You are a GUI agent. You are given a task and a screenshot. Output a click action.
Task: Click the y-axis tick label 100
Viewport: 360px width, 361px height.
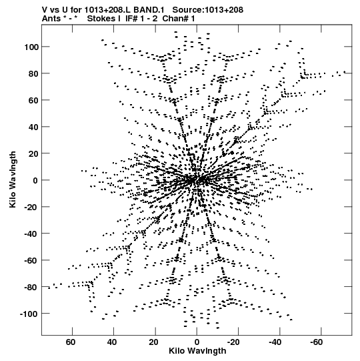tap(31, 47)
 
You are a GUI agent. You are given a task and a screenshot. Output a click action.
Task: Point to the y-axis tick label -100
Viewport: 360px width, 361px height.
tap(29, 314)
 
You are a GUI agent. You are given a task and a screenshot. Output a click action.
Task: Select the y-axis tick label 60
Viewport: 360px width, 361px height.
tap(33, 101)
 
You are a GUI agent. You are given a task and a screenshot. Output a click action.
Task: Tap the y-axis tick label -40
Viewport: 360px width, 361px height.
tap(31, 234)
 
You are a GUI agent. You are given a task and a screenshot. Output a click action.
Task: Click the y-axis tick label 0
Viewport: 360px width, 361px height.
tap(35, 180)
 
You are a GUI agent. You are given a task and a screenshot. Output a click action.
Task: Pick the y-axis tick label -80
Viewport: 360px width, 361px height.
tap(31, 288)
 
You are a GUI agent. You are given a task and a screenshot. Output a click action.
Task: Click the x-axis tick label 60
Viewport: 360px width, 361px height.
tap(71, 342)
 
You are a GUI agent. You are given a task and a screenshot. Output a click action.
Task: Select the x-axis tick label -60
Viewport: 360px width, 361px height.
tap(317, 342)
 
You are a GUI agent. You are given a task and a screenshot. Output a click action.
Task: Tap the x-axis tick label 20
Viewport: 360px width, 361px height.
tap(153, 342)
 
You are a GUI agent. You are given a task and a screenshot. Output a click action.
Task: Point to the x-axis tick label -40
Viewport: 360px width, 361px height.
tap(275, 342)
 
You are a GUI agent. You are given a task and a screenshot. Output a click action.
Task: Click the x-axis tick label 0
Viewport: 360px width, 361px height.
tap(197, 342)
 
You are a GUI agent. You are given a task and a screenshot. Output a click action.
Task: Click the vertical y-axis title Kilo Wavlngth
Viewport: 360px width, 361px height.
tap(13, 179)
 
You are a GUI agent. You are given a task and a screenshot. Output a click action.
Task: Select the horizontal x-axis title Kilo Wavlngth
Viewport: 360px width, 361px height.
tap(197, 351)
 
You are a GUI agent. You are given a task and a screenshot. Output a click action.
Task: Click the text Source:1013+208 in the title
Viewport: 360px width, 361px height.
tap(208, 10)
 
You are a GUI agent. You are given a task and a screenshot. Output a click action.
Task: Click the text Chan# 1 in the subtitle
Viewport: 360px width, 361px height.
tap(179, 19)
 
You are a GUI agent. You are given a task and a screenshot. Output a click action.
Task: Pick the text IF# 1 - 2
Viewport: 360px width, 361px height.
tap(141, 19)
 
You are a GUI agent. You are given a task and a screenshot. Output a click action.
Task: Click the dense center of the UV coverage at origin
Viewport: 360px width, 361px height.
tap(197, 180)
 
